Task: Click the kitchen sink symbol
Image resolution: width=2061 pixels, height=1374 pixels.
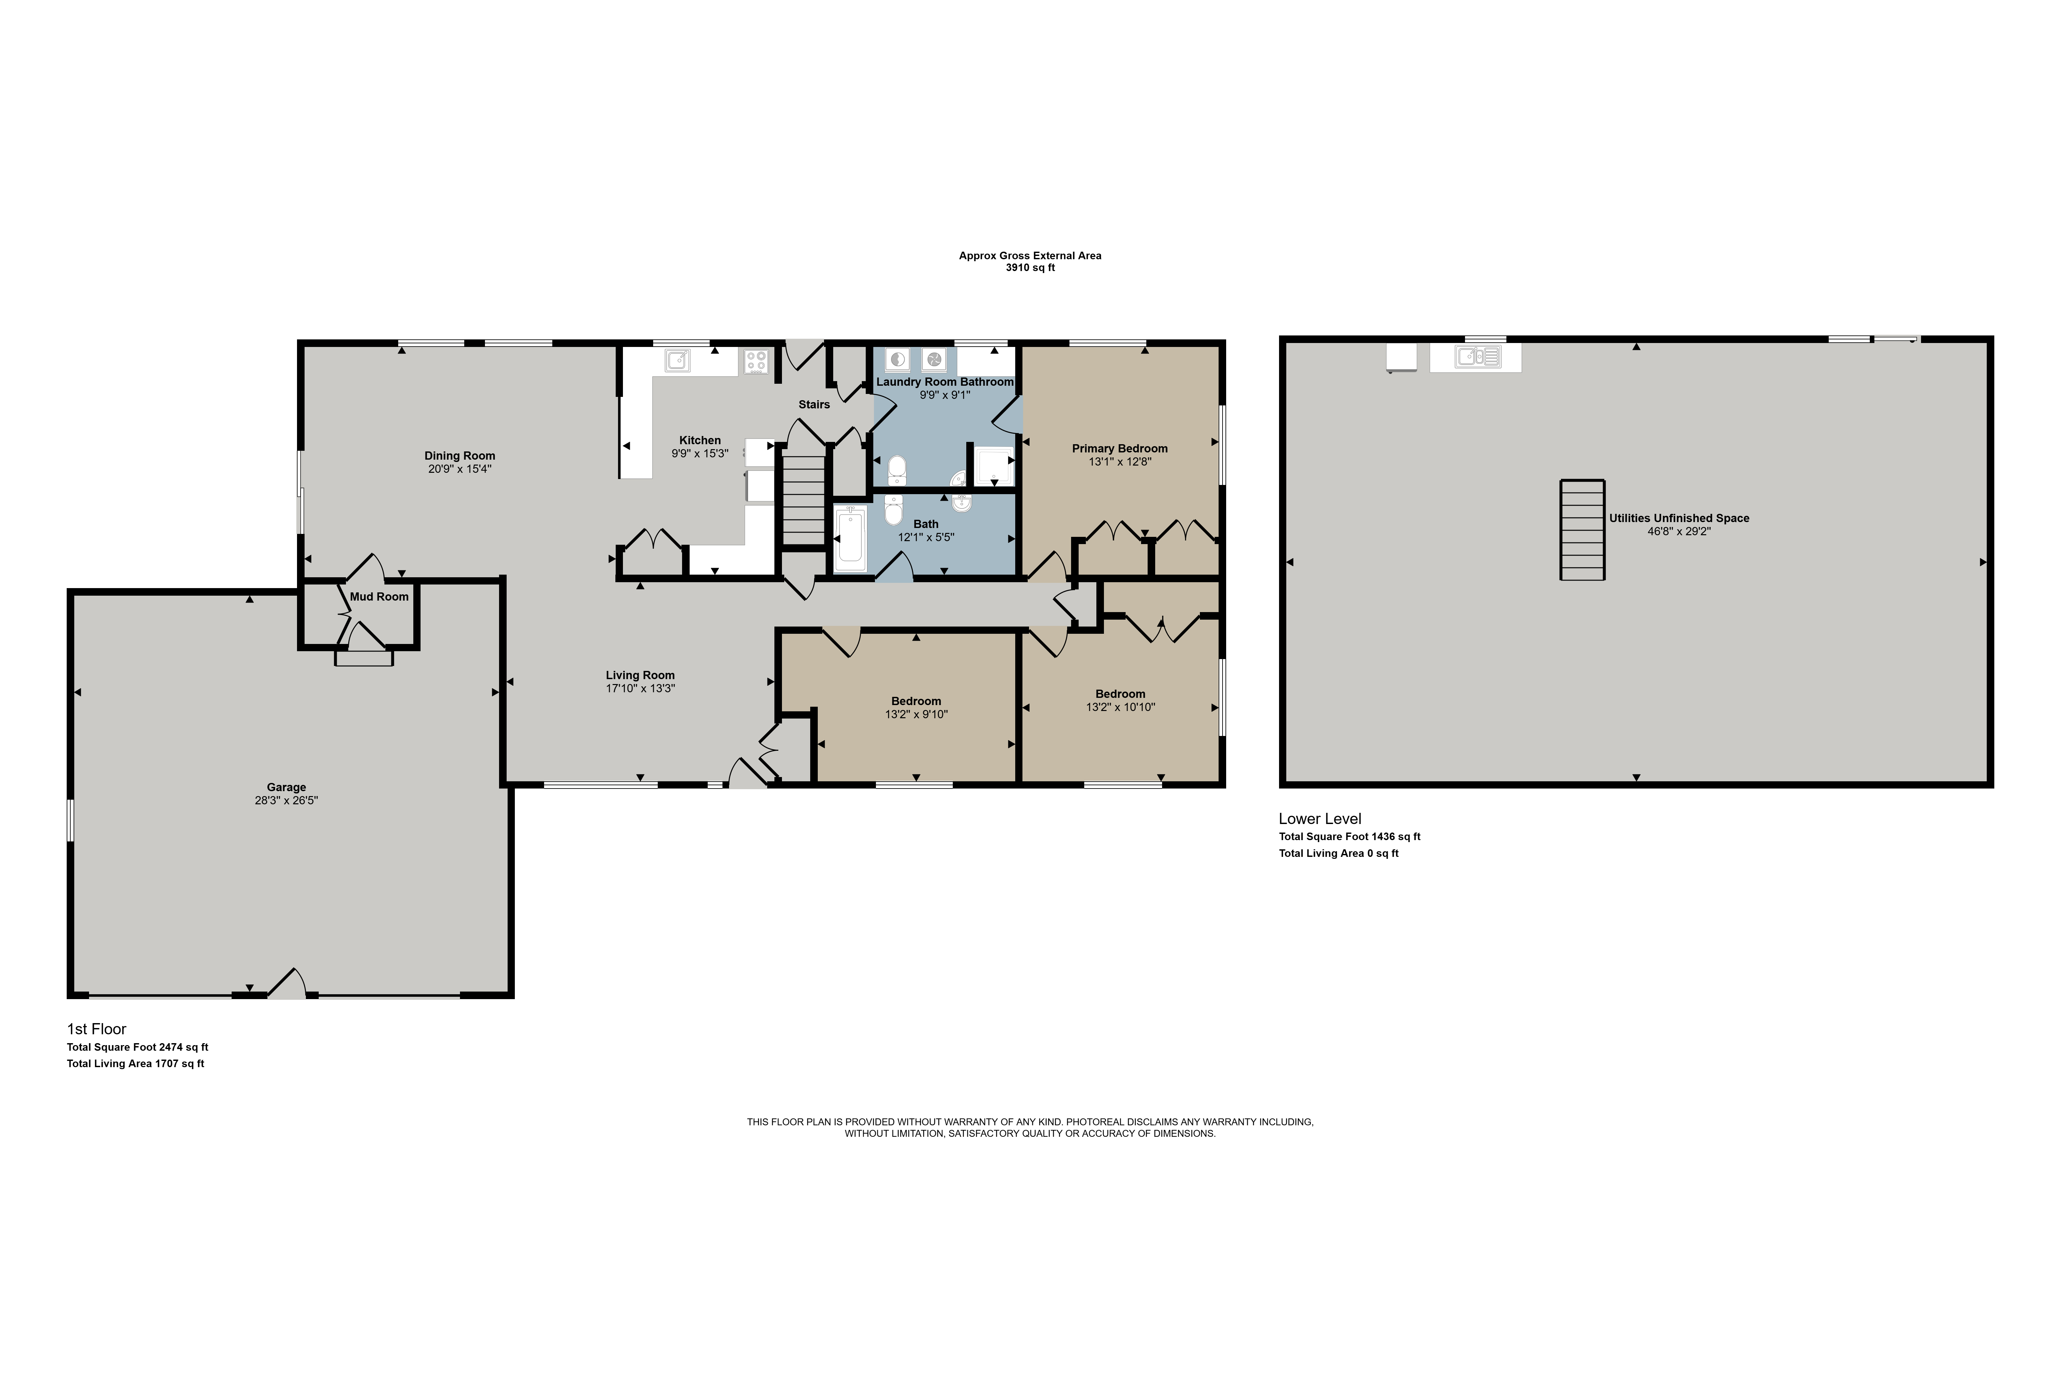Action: [x=677, y=360]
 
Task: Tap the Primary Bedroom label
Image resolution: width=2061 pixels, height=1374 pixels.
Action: [x=1120, y=449]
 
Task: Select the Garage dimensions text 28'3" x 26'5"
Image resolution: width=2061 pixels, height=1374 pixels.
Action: [x=286, y=800]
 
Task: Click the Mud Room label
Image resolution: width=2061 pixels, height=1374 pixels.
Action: [x=379, y=597]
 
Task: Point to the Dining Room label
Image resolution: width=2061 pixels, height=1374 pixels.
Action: [x=460, y=456]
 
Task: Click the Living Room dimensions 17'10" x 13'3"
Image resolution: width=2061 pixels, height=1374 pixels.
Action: [x=641, y=689]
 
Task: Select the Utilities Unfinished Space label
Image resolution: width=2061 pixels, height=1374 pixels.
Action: [x=1679, y=518]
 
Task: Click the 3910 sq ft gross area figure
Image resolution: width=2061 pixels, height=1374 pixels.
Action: [x=1030, y=268]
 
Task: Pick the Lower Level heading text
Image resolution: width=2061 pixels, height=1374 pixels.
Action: [x=1320, y=818]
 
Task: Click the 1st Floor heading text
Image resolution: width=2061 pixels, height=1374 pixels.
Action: [x=96, y=1029]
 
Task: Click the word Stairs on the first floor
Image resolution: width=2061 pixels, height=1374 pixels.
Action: [x=814, y=405]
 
